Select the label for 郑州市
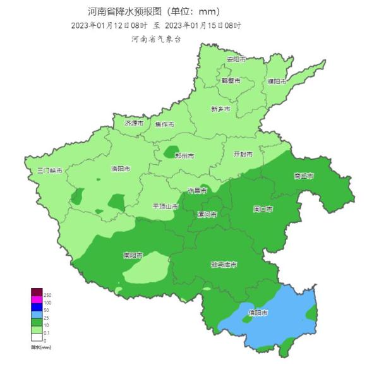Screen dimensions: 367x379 coord(184,155)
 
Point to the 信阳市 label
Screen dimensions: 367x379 coord(257,313)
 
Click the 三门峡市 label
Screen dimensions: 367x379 coord(50,171)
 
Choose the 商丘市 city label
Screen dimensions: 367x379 coord(304,176)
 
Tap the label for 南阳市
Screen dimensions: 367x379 coord(133,256)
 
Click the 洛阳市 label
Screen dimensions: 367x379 coord(120,169)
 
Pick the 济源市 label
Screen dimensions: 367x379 coord(135,123)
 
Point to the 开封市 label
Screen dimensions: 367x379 coord(243,153)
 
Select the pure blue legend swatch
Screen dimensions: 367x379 coord(37,308)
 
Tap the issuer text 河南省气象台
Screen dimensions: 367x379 coord(156,39)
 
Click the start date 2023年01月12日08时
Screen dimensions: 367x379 coord(109,25)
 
